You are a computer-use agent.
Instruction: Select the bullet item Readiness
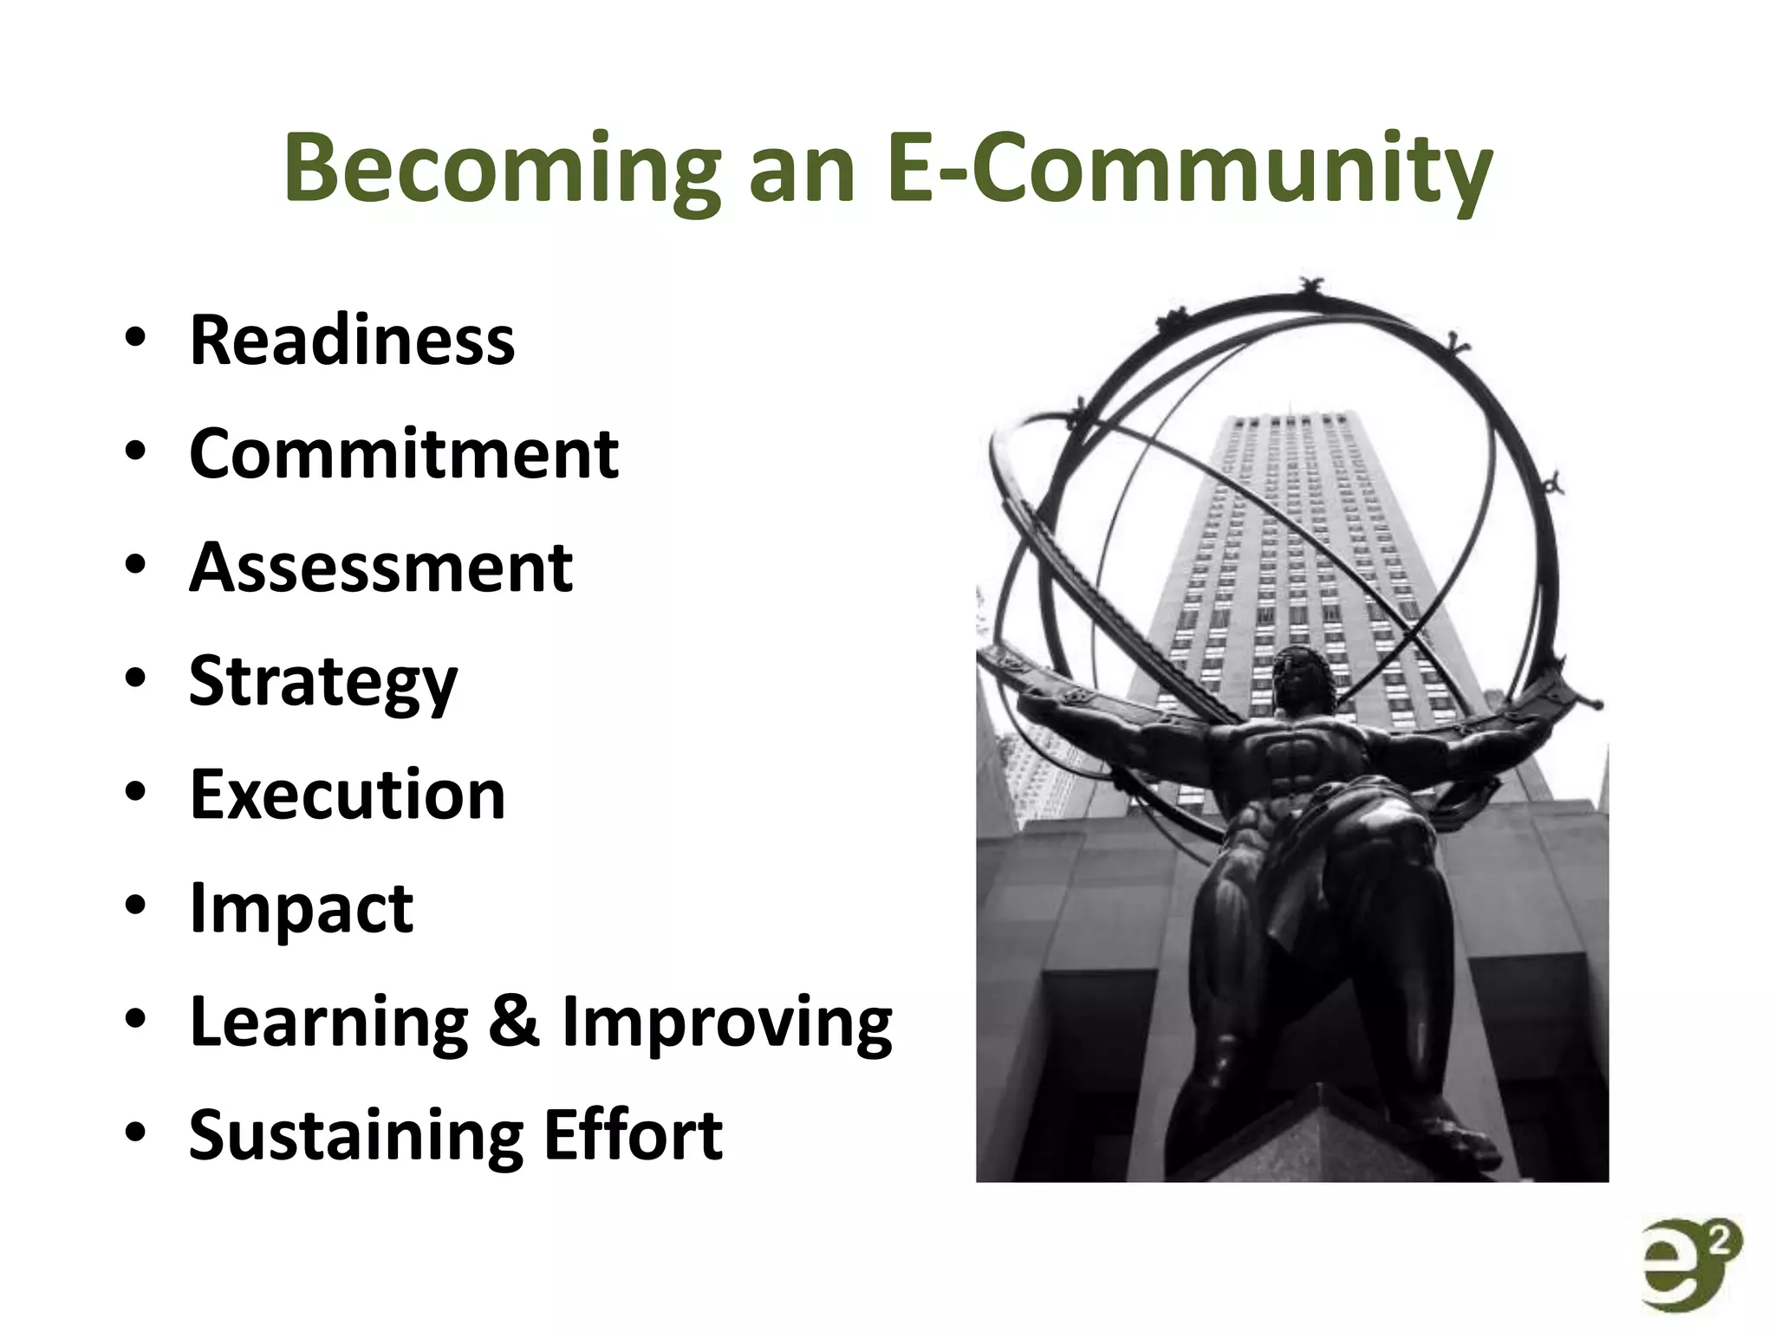point(352,340)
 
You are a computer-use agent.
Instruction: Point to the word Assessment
point(381,568)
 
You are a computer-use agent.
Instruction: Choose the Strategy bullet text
point(323,682)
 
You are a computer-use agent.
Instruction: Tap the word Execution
point(348,795)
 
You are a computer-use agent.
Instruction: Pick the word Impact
point(302,908)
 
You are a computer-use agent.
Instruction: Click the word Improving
point(726,1023)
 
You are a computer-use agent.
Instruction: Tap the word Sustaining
point(355,1135)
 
